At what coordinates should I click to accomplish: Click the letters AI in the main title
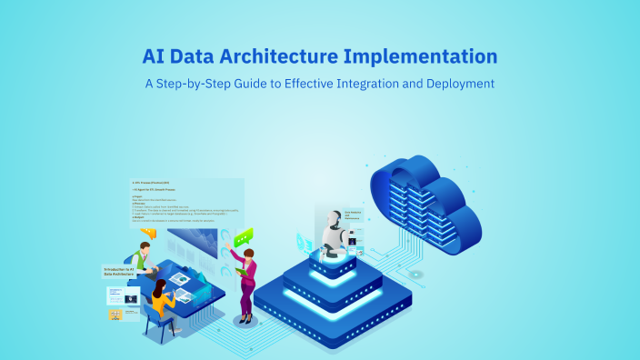[154, 56]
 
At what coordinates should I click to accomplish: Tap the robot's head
[332, 221]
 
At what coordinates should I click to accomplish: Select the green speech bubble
[243, 237]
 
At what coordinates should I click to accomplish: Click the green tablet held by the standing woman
[238, 270]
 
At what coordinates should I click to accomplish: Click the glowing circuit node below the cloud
[415, 274]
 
